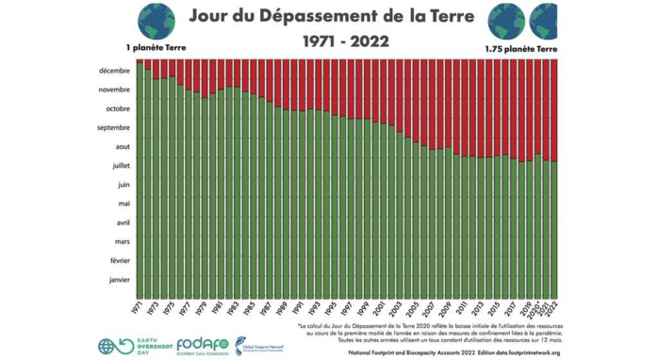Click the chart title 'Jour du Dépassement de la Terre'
(x=329, y=16)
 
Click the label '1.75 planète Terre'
(x=520, y=48)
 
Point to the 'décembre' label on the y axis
(x=114, y=71)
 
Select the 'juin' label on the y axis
(x=123, y=185)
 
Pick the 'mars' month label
(x=122, y=241)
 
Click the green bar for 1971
(x=140, y=179)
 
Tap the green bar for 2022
(x=554, y=226)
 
